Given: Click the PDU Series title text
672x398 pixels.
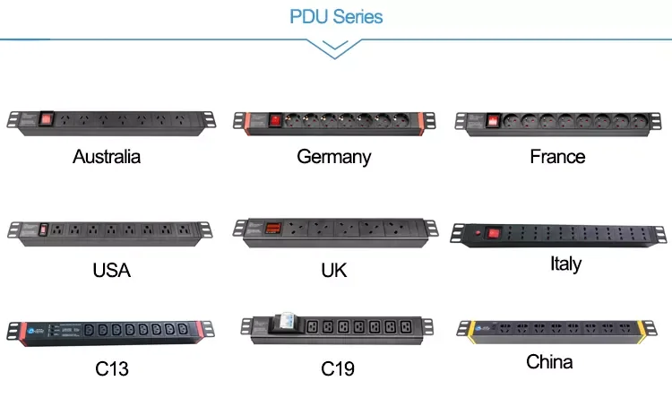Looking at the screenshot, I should click(336, 17).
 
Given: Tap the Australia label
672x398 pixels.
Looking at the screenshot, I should click(107, 157).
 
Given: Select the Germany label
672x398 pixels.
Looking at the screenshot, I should click(333, 157).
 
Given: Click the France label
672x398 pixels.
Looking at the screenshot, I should click(557, 157).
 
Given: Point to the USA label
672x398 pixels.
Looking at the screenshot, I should click(111, 270).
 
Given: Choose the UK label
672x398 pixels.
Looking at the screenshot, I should click(333, 270).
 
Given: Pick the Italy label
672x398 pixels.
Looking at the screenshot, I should click(565, 264).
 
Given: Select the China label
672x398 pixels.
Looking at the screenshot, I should click(549, 362).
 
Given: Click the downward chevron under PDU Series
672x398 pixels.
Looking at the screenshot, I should click(336, 50).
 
